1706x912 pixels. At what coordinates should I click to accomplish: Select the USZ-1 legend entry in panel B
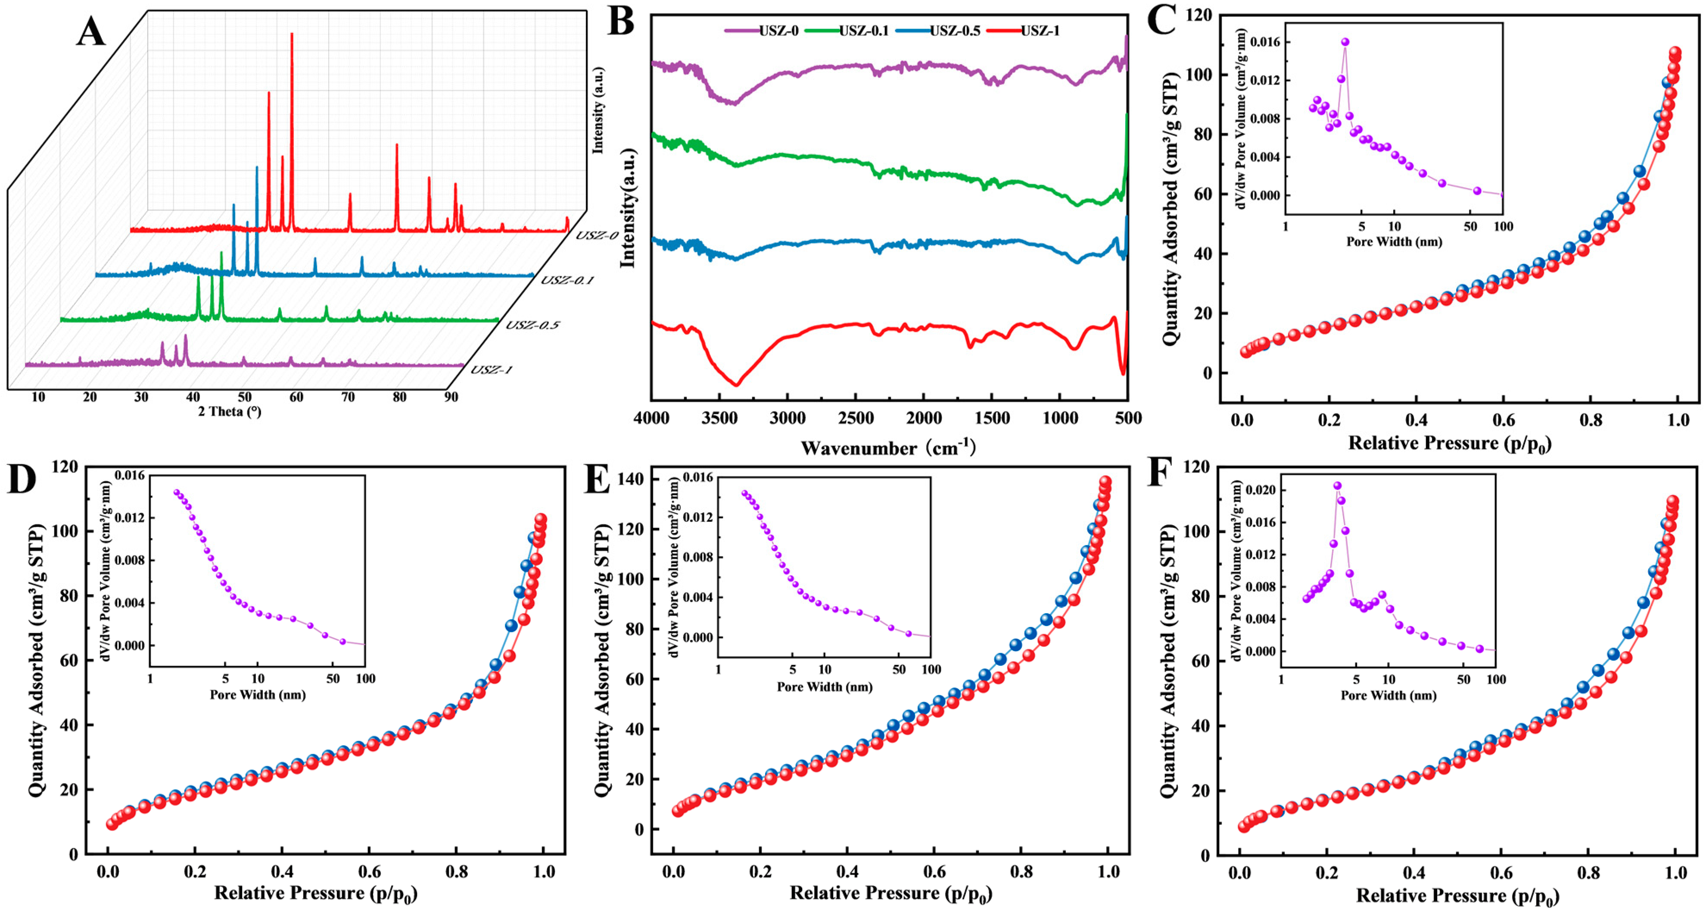pyautogui.click(x=1040, y=31)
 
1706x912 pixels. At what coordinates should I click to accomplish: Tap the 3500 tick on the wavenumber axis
pyautogui.click(x=720, y=419)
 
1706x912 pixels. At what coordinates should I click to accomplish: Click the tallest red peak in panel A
pyautogui.click(x=291, y=34)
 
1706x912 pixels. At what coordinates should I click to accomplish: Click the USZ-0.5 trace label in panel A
pyautogui.click(x=532, y=325)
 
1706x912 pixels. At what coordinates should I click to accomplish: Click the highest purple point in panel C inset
pyautogui.click(x=1345, y=42)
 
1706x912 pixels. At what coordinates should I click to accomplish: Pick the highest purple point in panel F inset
pyautogui.click(x=1337, y=486)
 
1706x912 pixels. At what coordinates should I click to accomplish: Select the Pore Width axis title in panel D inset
pyautogui.click(x=258, y=695)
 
